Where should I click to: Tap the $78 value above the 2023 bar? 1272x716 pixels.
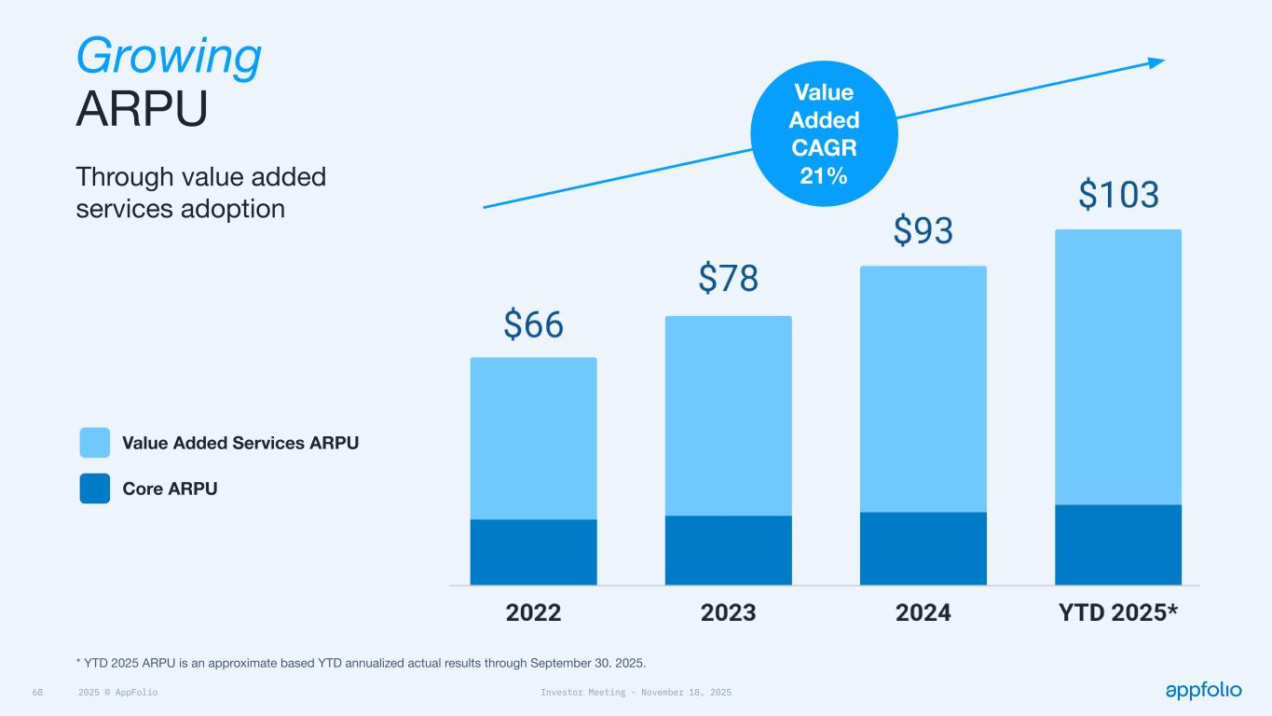pos(728,278)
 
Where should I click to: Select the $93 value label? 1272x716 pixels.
pos(923,229)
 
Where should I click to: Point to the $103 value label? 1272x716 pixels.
pos(1118,194)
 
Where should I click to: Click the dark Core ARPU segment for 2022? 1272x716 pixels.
pos(533,552)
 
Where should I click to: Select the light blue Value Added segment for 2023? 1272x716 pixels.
pos(728,416)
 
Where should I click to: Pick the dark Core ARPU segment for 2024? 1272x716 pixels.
pos(923,548)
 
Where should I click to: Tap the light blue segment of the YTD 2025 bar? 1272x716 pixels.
pos(1117,366)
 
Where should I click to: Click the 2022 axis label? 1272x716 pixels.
pos(533,613)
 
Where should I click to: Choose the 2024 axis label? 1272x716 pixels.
pos(923,613)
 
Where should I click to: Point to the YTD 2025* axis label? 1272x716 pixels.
pos(1118,613)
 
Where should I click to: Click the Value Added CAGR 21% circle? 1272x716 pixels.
pos(824,132)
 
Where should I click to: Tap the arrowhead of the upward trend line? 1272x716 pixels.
pos(1157,62)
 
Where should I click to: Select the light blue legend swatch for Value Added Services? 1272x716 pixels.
pos(95,443)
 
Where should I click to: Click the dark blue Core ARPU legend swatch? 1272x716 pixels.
pos(95,489)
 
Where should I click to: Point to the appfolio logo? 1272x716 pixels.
pos(1203,690)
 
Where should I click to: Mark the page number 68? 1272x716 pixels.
pos(38,693)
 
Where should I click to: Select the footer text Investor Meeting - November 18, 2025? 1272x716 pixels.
pos(636,693)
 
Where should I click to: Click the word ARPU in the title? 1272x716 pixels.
pos(141,111)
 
